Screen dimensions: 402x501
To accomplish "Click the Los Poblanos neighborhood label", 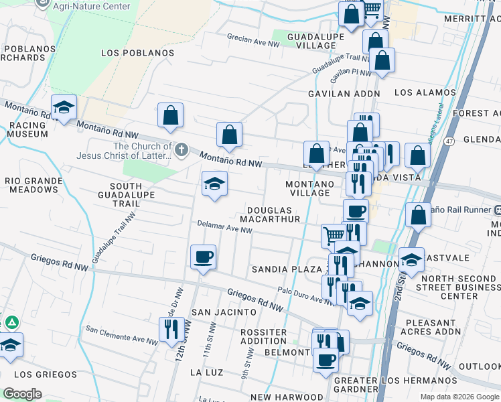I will [x=137, y=53].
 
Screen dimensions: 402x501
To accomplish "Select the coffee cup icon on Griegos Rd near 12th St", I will [x=203, y=257].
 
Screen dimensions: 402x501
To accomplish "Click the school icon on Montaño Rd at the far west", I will [x=64, y=107].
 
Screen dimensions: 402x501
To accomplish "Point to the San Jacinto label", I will [x=224, y=312].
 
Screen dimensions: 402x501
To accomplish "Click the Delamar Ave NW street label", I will [x=224, y=228].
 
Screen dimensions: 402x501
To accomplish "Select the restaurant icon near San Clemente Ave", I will [x=171, y=329].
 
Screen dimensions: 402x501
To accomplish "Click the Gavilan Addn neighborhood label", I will [x=344, y=94].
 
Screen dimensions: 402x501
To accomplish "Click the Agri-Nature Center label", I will [x=90, y=6].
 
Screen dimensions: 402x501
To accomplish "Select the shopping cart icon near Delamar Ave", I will [x=334, y=235].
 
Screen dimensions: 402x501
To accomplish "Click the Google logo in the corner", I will [x=21, y=394].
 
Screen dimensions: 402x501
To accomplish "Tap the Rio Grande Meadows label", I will [x=31, y=185].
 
